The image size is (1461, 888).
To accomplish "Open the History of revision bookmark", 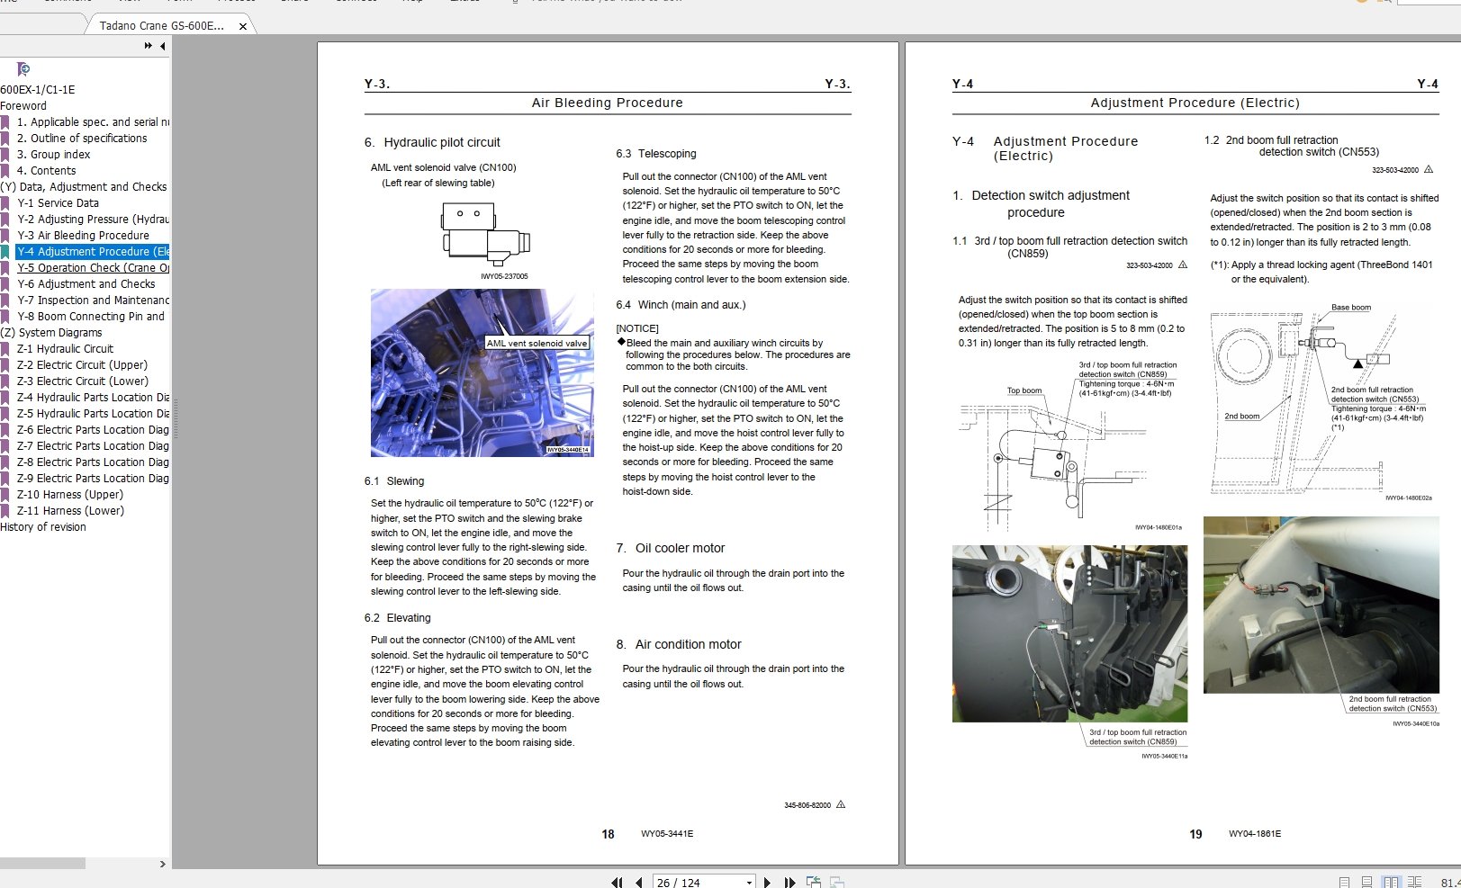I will pyautogui.click(x=43, y=527).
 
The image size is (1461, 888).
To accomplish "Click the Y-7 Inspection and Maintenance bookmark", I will pyautogui.click(x=93, y=300).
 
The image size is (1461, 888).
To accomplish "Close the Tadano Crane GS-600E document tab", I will pyautogui.click(x=243, y=26).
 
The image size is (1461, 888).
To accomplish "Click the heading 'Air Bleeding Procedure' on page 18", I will pyautogui.click(x=607, y=103).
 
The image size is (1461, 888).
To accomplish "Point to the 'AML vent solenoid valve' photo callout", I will pyautogui.click(x=537, y=343).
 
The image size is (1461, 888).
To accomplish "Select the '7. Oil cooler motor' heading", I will pyautogui.click(x=671, y=548).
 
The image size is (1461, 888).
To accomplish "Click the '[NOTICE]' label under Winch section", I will pyautogui.click(x=637, y=328).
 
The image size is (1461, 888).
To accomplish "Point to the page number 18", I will pyautogui.click(x=608, y=834).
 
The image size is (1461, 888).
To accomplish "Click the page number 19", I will pyautogui.click(x=1195, y=834).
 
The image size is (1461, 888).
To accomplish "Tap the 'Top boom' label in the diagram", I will pyautogui.click(x=1024, y=390).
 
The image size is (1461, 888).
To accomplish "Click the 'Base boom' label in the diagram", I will pyautogui.click(x=1351, y=308).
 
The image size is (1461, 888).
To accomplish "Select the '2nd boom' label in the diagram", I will pyautogui.click(x=1241, y=417).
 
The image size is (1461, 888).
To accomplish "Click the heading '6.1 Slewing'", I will pyautogui.click(x=394, y=481).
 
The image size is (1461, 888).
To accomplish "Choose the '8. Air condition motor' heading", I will pyautogui.click(x=679, y=644).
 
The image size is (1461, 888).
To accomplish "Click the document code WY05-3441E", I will pyautogui.click(x=667, y=834).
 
